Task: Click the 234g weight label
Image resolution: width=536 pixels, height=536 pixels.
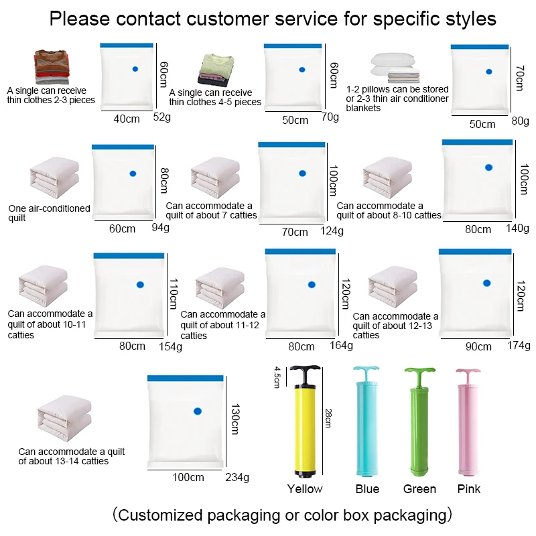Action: click(237, 478)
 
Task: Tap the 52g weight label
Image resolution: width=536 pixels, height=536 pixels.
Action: click(162, 117)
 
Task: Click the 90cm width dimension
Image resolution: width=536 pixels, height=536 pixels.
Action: click(478, 346)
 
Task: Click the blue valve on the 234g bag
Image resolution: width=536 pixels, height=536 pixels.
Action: click(197, 411)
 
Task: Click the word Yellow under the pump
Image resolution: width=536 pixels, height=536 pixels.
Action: click(305, 488)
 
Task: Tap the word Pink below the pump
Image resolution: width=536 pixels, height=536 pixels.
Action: click(468, 488)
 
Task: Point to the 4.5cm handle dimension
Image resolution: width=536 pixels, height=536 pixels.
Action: click(276, 377)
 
